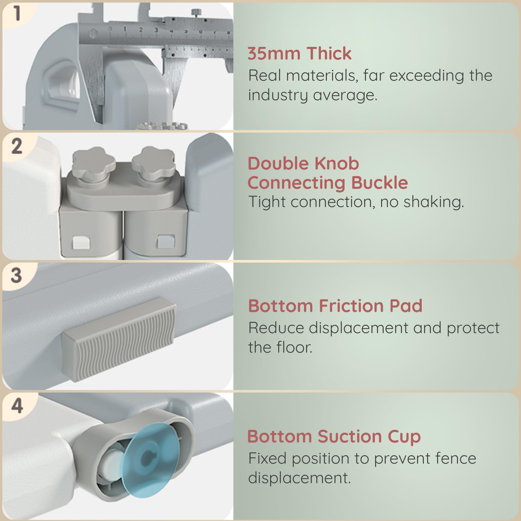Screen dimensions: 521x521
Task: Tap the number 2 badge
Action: (17, 146)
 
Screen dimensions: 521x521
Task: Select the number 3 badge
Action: (16, 275)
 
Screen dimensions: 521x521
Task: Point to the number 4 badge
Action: (17, 406)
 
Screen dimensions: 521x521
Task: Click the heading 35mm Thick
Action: (299, 53)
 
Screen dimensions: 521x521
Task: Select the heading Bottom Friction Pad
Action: (335, 306)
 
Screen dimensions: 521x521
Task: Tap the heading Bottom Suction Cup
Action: (334, 437)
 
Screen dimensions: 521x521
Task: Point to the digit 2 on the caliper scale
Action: (141, 30)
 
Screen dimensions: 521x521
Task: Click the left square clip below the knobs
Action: (81, 242)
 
